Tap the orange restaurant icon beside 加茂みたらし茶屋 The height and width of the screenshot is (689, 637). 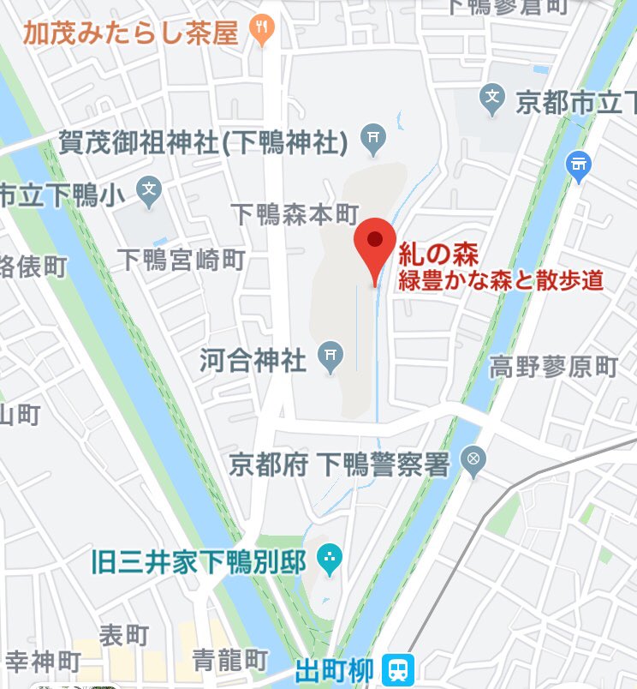[x=261, y=32]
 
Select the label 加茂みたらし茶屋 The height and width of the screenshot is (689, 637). [x=130, y=33]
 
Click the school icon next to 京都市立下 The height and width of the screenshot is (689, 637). [x=492, y=101]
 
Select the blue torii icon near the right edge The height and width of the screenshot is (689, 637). [x=580, y=162]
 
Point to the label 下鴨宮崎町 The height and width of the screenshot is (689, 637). [x=181, y=260]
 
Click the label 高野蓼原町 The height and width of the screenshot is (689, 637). [x=553, y=368]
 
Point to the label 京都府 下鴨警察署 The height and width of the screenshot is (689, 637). [x=339, y=464]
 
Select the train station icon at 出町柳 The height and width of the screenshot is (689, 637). [x=397, y=668]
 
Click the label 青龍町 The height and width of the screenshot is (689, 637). [x=229, y=660]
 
